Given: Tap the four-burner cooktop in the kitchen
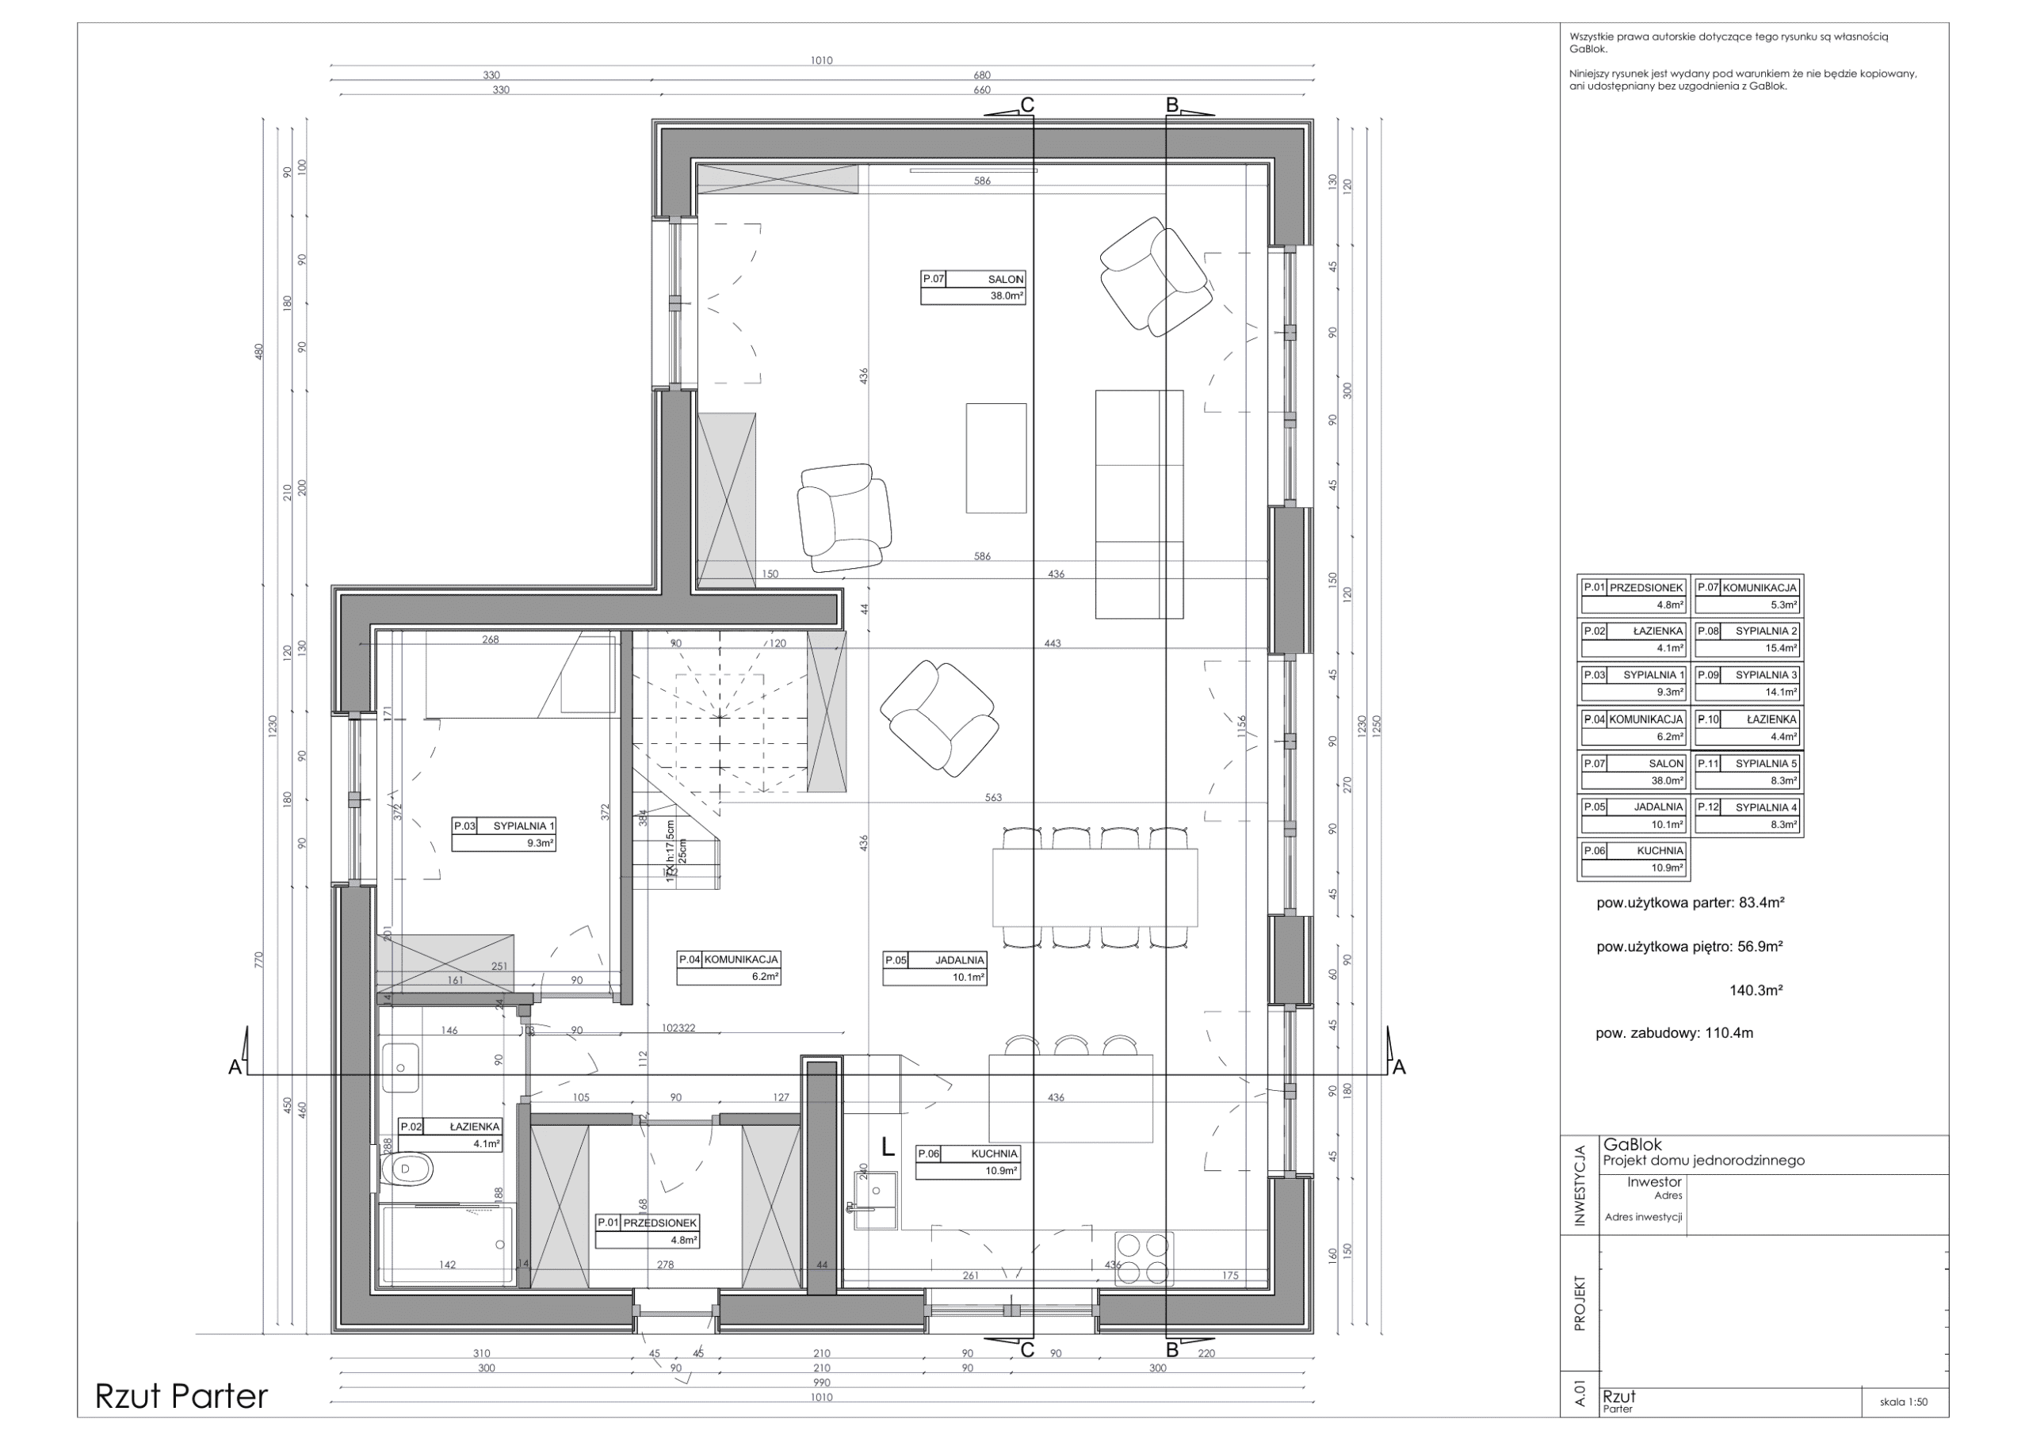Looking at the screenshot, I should coord(1144,1258).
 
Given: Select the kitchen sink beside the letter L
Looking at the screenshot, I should coord(875,1199).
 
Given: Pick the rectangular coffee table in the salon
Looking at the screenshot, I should coord(996,458).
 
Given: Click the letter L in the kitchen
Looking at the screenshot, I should coord(888,1148).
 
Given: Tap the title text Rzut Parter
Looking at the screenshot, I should coord(182,1397).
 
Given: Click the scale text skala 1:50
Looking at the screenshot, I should coord(1904,1402).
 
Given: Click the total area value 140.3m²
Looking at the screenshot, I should coord(1755,990).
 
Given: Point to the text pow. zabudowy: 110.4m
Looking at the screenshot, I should coord(1674,1033).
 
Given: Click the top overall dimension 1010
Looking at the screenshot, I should coord(821,61).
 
